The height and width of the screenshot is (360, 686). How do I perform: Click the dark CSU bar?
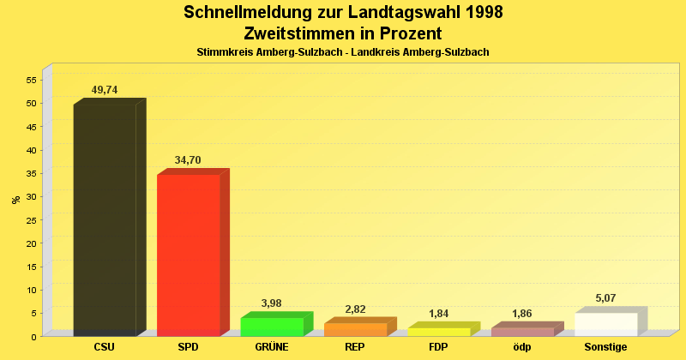[x=105, y=219]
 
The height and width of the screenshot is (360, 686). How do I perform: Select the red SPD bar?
[x=188, y=254]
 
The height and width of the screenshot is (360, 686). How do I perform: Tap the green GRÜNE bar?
[x=272, y=327]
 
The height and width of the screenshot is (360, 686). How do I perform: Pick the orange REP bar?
[x=355, y=329]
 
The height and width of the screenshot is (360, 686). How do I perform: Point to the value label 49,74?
[x=105, y=90]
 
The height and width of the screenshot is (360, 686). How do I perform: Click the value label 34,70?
[x=188, y=160]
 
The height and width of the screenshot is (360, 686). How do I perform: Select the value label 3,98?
[x=272, y=303]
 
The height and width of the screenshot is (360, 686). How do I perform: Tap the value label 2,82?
[x=355, y=309]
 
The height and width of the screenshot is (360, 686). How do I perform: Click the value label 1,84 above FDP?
[x=439, y=314]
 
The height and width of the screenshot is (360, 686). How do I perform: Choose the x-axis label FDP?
[x=439, y=347]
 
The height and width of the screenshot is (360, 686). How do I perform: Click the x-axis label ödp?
[x=522, y=347]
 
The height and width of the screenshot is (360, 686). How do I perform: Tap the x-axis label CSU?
[x=105, y=347]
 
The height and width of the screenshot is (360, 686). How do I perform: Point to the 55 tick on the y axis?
[x=31, y=80]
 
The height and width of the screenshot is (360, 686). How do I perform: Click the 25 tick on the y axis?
[x=31, y=219]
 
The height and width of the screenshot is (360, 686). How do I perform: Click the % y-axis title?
[x=15, y=200]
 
